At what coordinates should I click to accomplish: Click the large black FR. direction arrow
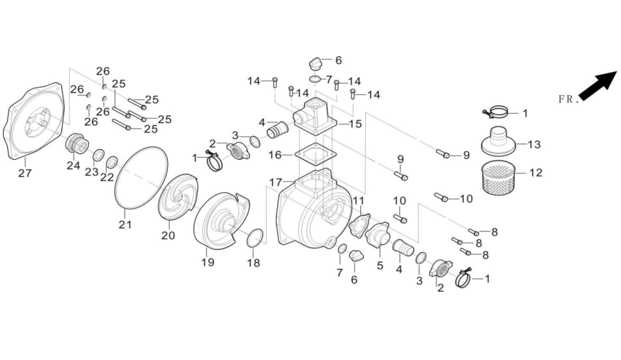599,84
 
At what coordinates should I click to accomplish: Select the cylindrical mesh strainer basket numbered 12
500,179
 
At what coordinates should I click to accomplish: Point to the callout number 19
208,262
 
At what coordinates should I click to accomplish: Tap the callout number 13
534,145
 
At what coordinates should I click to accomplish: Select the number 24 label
73,165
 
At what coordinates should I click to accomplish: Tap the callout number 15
355,124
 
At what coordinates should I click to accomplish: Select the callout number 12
537,173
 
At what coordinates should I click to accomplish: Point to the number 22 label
107,178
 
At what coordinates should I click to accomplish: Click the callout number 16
275,154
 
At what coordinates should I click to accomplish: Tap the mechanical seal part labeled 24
76,143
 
